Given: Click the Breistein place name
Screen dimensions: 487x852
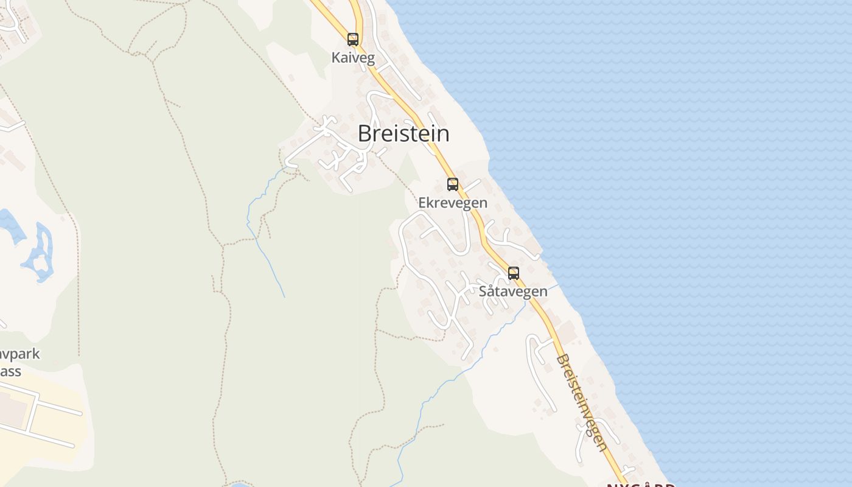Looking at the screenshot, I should pos(403,134).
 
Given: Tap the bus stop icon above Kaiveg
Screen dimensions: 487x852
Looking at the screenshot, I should pos(353,40).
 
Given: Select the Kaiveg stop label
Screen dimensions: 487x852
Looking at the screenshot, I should pos(353,58).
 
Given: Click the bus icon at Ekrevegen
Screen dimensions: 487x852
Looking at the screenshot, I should pos(452,184).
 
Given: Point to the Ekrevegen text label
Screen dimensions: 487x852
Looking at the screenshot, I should pos(453,203).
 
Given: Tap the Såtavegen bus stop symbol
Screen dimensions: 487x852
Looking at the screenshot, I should pos(514,273).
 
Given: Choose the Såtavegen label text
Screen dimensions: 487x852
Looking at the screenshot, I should pos(513,292).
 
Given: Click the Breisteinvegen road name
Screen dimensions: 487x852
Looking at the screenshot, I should pos(581,403).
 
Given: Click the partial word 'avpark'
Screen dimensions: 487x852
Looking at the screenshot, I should pos(19,354).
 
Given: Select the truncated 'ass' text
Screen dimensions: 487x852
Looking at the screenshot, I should pos(11,371).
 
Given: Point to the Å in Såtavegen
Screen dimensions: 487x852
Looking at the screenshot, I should pos(495,291).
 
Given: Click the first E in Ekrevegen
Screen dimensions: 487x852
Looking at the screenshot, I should pos(422,203).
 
